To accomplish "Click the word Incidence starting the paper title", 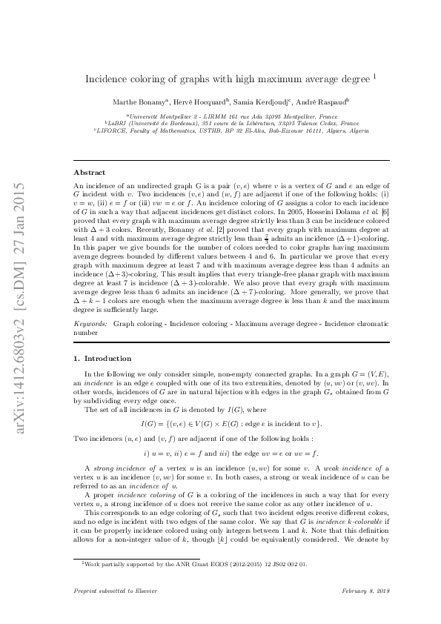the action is [x=105, y=78].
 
